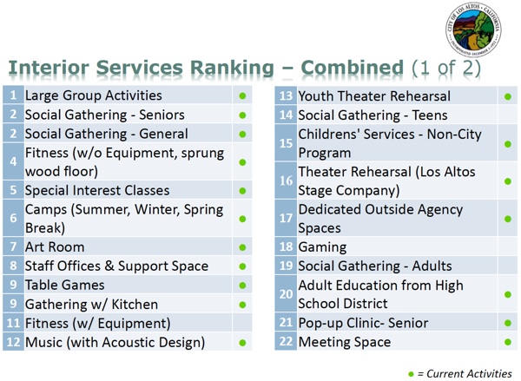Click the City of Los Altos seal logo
473,30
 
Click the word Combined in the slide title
353,68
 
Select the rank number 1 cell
13,95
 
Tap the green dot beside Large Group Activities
242,96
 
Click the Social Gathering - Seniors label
105,115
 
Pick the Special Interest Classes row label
97,191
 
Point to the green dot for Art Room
242,247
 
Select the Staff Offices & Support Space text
116,266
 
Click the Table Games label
65,285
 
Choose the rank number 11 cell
13,323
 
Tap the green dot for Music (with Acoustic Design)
242,343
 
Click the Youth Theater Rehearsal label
374,96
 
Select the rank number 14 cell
286,115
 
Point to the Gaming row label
322,247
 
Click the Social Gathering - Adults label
375,266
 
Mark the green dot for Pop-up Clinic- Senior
508,323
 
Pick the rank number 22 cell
286,341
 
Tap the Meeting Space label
345,342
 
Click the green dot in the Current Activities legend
411,374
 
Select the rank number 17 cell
286,218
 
